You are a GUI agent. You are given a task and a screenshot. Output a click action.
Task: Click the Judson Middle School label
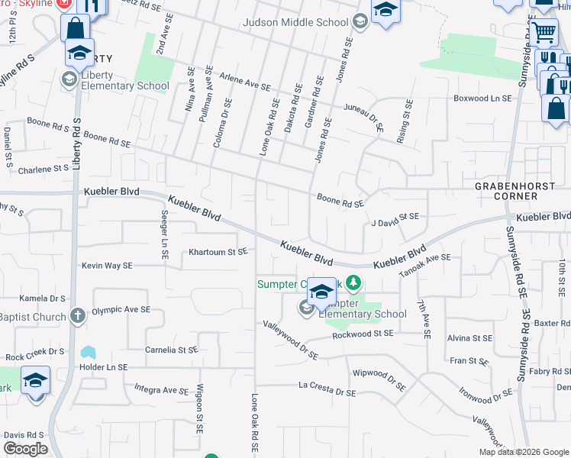pyautogui.click(x=295, y=22)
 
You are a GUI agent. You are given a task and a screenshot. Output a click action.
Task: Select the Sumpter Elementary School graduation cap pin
pyautogui.click(x=322, y=291)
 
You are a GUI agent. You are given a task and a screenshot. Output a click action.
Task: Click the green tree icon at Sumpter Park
pyautogui.click(x=353, y=284)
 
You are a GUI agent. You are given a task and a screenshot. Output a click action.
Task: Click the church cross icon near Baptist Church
pyautogui.click(x=76, y=314)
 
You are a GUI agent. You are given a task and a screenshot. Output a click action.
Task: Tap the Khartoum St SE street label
pyautogui.click(x=218, y=251)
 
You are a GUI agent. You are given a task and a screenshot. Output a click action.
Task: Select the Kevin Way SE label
pyautogui.click(x=108, y=266)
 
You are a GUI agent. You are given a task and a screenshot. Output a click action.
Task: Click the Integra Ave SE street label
pyautogui.click(x=166, y=389)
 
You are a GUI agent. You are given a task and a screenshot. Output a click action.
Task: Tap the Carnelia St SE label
pyautogui.click(x=172, y=350)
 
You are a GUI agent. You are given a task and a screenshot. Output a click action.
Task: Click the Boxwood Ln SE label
pyautogui.click(x=482, y=98)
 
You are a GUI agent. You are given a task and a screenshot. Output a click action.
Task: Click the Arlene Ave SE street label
pyautogui.click(x=246, y=83)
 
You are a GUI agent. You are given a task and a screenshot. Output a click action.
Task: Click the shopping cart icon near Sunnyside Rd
pyautogui.click(x=544, y=32)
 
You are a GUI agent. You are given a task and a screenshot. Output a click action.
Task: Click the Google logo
pyautogui.click(x=26, y=449)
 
